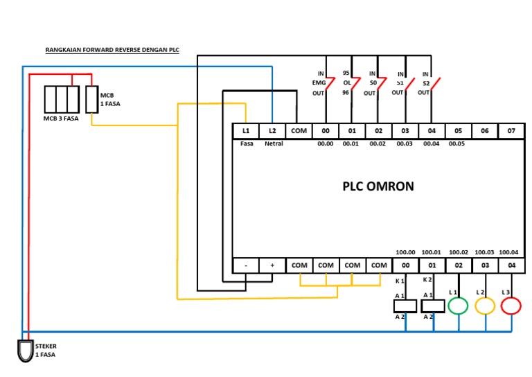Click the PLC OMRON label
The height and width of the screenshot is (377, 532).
378,186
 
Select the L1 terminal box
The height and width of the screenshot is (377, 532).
245,131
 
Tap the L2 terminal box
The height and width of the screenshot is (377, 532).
272,131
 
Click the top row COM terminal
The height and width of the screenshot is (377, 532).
299,131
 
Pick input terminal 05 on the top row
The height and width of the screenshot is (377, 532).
458,131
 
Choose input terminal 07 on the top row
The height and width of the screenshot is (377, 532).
511,131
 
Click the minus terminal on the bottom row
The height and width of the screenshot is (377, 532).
245,265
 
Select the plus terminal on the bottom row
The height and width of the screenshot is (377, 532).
272,265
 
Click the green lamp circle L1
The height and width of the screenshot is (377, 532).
458,305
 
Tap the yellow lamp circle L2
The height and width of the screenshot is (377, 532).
485,305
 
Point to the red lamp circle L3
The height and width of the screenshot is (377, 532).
511,305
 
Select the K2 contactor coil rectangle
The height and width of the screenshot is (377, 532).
432,306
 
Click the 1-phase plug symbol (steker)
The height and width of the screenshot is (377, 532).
25,350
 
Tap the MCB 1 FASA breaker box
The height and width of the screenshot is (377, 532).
91,99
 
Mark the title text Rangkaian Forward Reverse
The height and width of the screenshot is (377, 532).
112,51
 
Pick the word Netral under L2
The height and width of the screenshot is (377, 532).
273,144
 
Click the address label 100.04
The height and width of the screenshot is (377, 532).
508,252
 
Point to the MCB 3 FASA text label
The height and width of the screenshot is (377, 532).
61,119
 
